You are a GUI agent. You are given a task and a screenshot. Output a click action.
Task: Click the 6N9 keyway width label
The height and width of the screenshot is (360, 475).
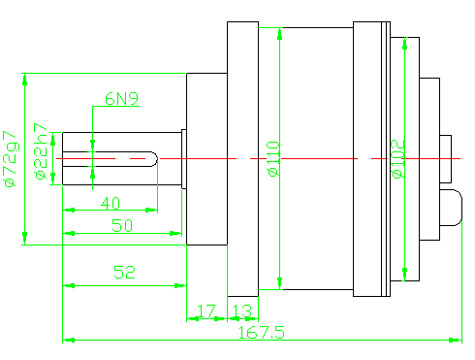click(x=122, y=98)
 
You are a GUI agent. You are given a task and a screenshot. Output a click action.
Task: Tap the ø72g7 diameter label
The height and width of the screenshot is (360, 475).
click(x=11, y=159)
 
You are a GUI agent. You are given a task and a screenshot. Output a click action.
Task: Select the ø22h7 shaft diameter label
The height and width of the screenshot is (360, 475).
click(x=42, y=151)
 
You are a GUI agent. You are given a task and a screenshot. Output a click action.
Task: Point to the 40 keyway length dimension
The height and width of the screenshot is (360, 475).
click(x=111, y=204)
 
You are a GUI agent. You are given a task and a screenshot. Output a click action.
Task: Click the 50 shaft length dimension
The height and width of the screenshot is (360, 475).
click(x=122, y=225)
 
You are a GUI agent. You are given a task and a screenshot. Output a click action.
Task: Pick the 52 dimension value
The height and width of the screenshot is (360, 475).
click(x=124, y=272)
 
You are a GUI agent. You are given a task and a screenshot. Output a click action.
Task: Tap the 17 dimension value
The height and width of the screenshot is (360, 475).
click(x=206, y=311)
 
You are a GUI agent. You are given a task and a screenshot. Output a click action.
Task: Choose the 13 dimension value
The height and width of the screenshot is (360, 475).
click(x=242, y=311)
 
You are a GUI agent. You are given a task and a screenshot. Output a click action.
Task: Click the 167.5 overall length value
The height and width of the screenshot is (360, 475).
click(x=262, y=333)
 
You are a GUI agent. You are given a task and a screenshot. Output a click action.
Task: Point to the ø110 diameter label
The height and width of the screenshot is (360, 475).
click(x=273, y=158)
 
